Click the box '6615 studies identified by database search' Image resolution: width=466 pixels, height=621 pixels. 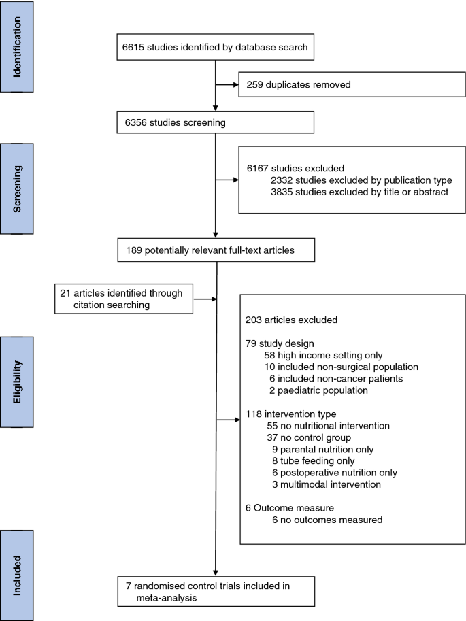point(215,47)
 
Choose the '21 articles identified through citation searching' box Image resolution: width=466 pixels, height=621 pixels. point(124,299)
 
